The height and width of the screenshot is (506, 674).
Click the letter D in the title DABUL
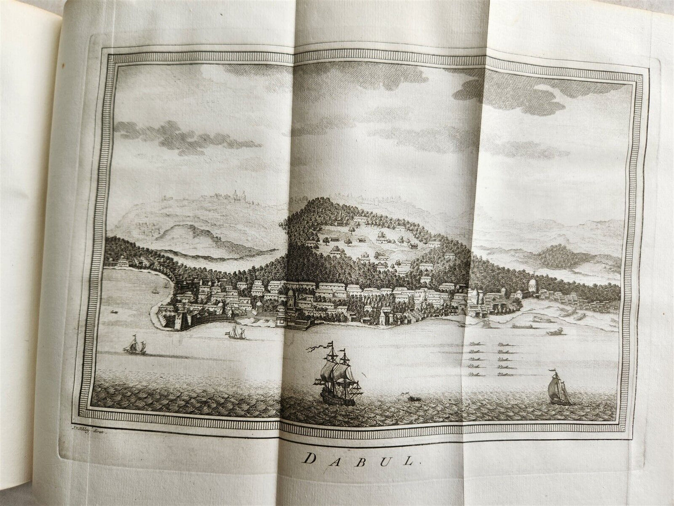(308, 459)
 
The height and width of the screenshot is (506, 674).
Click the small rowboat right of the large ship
(412, 399)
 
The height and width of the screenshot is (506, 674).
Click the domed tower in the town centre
(290, 295)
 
